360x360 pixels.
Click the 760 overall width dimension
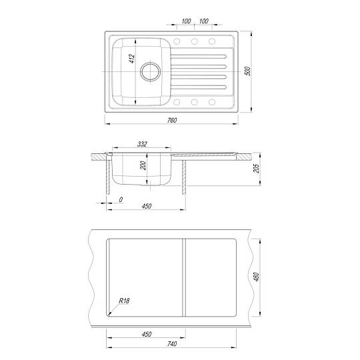click(172, 120)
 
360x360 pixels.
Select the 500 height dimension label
click(248, 71)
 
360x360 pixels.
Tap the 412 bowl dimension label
click(132, 59)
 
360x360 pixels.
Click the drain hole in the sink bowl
click(151, 71)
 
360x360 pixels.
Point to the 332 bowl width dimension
click(142, 144)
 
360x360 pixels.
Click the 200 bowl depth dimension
click(143, 165)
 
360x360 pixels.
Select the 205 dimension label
click(257, 168)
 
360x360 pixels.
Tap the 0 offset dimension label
click(121, 199)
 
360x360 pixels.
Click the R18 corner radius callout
click(124, 301)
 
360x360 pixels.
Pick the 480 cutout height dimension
click(257, 277)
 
